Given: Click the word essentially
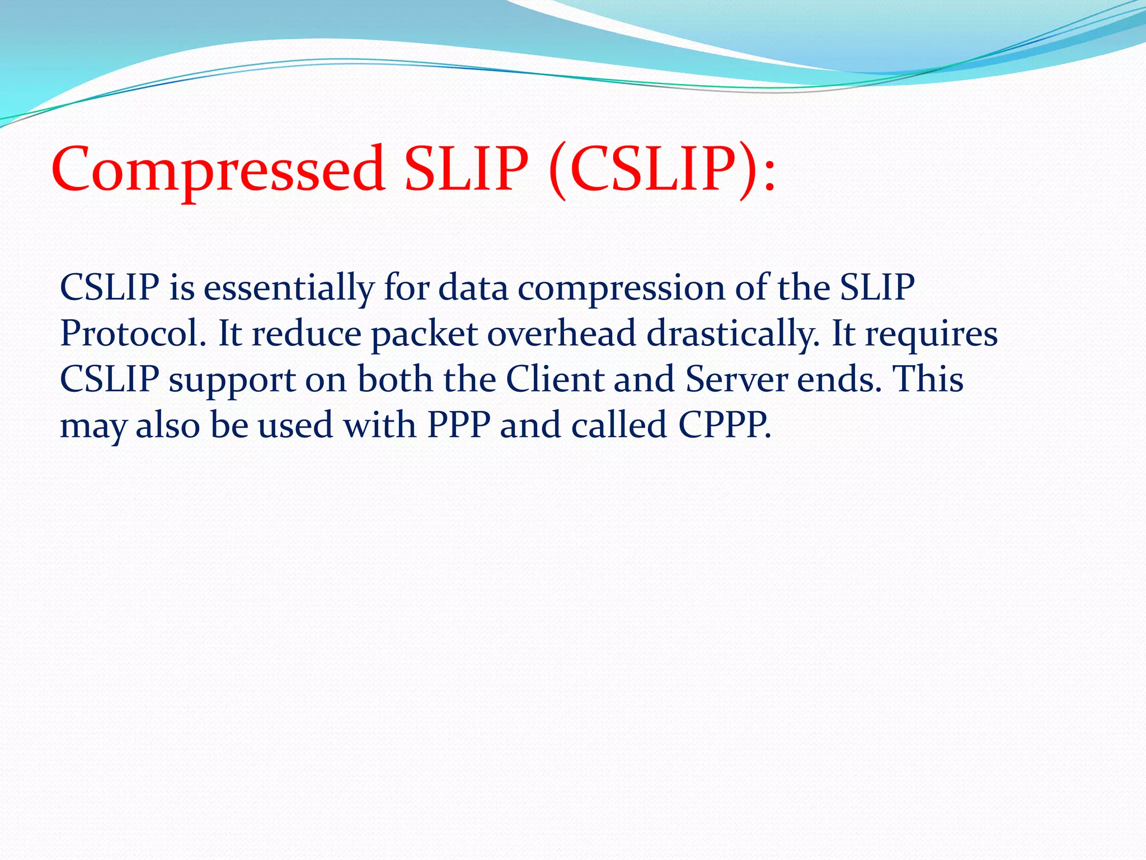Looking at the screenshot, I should pyautogui.click(x=289, y=288).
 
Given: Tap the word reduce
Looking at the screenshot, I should pyautogui.click(x=307, y=334).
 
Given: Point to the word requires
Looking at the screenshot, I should pyautogui.click(x=931, y=335).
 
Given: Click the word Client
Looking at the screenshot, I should pyautogui.click(x=555, y=379).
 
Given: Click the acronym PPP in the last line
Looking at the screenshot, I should pyautogui.click(x=459, y=425).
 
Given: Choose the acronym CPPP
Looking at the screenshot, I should pyautogui.click(x=724, y=425).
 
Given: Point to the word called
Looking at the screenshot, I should pyautogui.click(x=619, y=425).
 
